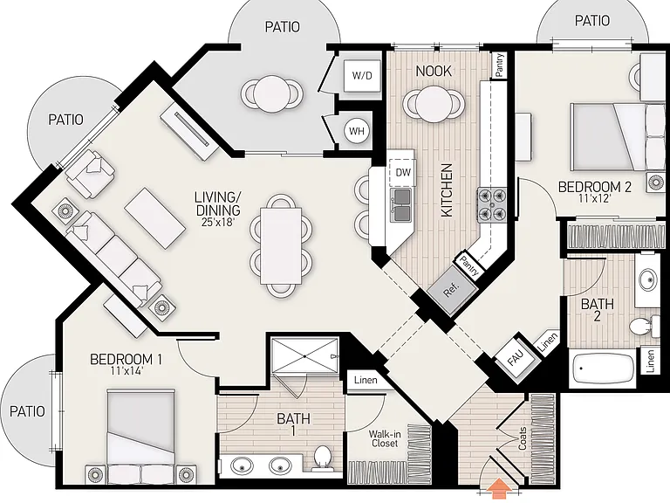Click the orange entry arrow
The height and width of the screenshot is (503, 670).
click(498, 489)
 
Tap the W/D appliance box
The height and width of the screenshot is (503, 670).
click(362, 75)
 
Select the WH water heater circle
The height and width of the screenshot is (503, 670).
click(357, 131)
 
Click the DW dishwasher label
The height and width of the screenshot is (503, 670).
click(403, 172)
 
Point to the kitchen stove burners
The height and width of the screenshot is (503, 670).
click(492, 203)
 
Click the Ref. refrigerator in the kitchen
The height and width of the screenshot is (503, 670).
click(452, 290)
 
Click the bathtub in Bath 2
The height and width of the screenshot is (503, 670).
click(603, 369)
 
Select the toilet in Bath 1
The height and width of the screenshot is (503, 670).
click(322, 458)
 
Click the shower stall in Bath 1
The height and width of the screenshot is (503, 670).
click(304, 355)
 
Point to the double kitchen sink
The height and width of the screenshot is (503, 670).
click(401, 204)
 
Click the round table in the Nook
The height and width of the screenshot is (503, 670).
click(434, 104)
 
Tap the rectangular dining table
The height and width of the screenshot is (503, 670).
click(281, 245)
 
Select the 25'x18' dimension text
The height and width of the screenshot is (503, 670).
click(218, 222)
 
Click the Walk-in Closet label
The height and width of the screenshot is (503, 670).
click(385, 439)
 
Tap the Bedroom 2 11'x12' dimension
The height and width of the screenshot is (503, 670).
click(592, 198)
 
